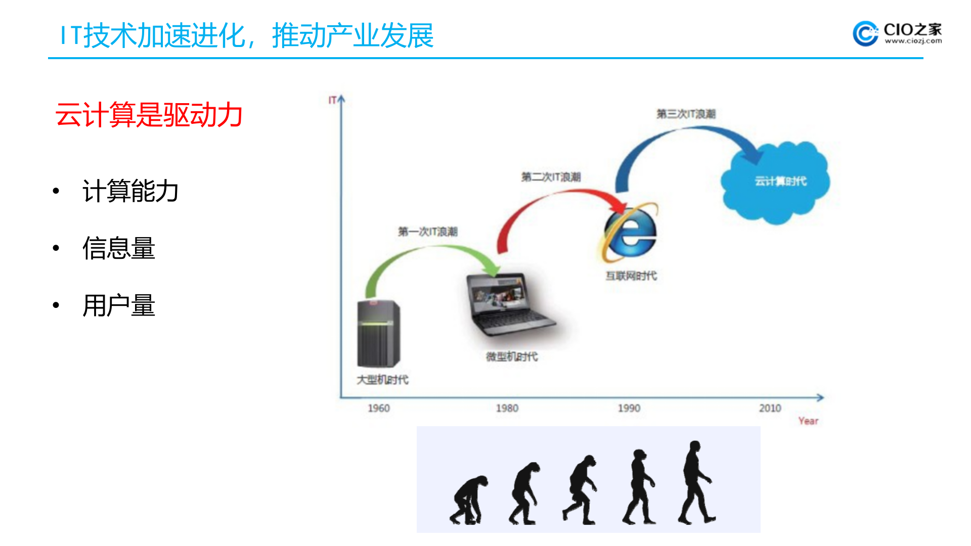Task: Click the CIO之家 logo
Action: click(897, 34)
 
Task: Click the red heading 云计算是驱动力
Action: click(149, 115)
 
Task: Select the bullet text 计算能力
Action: click(130, 191)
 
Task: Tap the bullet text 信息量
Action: click(118, 248)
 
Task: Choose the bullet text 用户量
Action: click(118, 306)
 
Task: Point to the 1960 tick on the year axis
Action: click(378, 408)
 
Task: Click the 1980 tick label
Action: click(507, 408)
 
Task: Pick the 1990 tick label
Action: click(629, 408)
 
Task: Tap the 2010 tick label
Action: click(770, 408)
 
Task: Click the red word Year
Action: click(808, 421)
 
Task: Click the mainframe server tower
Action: click(378, 334)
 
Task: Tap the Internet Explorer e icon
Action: click(630, 233)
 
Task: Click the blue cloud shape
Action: click(776, 182)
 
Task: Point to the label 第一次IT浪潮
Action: click(427, 232)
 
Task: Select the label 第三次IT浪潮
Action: click(686, 114)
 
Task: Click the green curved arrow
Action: click(430, 253)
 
